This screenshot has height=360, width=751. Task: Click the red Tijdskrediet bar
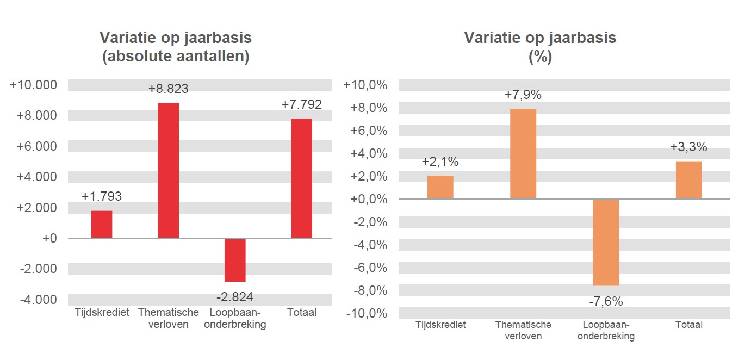[102, 224]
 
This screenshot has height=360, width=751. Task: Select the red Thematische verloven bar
[168, 170]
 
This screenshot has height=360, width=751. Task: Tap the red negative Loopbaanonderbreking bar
[235, 260]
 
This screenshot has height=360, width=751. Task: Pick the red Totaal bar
[302, 178]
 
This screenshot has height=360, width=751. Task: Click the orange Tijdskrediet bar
[440, 187]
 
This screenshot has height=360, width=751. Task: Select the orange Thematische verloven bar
[523, 153]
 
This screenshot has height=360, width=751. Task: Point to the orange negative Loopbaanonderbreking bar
[606, 242]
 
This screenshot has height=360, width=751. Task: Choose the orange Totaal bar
[688, 179]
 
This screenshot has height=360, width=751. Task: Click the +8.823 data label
[168, 89]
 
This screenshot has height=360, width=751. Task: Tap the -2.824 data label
[235, 297]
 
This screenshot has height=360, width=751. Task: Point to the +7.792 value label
[302, 104]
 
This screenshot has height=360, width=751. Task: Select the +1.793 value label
[102, 196]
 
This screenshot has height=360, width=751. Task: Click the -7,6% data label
[606, 301]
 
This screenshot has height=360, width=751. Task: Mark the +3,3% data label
[688, 147]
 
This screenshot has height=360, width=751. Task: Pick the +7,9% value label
[523, 95]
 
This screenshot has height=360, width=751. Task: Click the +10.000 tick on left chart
[33, 85]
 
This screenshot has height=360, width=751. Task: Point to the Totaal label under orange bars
[688, 325]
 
